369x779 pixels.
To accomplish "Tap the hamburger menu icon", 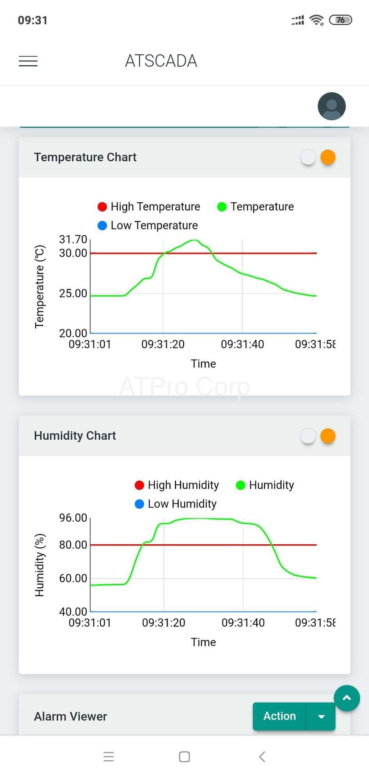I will point(28,61).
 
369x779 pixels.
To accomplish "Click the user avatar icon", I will point(332,106).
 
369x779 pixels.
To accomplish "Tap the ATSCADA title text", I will point(161,61).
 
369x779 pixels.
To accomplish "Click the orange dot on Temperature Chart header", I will point(328,157).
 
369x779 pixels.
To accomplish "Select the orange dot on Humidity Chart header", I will point(328,436).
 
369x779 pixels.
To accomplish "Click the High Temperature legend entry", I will point(149,207).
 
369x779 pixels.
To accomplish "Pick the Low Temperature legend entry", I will point(148,225).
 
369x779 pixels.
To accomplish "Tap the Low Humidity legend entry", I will point(175,504).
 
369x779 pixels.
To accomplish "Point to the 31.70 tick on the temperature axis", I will point(73,239).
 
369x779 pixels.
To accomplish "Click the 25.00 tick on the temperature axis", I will point(73,293).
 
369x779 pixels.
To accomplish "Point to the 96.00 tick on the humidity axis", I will point(73,518).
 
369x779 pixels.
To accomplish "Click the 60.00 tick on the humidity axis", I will point(73,578).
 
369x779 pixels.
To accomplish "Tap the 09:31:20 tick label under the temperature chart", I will point(163,344).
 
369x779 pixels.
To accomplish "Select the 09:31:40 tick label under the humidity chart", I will point(243,622).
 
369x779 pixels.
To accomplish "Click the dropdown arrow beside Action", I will point(321,716).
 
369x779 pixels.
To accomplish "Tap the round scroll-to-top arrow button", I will point(347,698).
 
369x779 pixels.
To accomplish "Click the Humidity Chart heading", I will point(75,436).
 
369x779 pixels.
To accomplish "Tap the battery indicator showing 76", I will point(340,20).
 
